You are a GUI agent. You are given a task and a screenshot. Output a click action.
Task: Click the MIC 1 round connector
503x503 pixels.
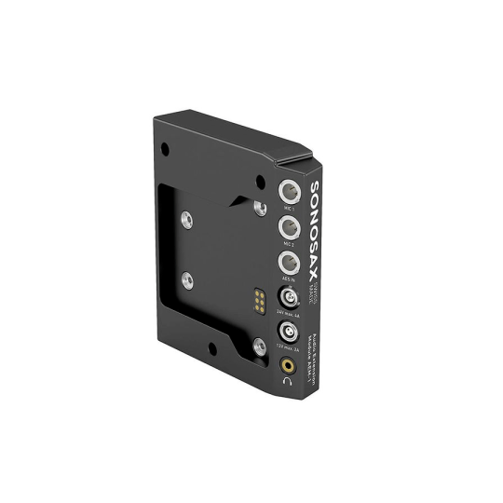tap(289, 193)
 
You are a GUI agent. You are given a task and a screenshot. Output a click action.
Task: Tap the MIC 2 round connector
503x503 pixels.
tap(289, 227)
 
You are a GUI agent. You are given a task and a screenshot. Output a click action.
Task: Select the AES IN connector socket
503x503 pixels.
tap(289, 263)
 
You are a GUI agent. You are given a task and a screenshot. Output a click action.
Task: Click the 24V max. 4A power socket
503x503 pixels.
tap(289, 298)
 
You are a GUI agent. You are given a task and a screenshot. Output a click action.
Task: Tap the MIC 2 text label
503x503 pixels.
tap(289, 244)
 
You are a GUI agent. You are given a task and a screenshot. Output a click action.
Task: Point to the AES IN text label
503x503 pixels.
tap(289, 279)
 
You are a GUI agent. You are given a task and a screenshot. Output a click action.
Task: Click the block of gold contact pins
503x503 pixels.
tap(255, 299)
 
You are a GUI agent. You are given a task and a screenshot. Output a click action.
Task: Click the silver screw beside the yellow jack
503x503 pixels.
tap(258, 347)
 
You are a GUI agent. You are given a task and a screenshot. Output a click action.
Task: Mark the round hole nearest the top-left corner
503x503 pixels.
tap(165, 147)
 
